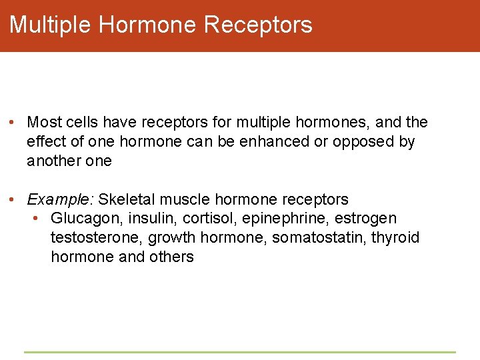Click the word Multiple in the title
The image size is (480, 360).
(x=50, y=25)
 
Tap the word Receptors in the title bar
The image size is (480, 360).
(x=258, y=25)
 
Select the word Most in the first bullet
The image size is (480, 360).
(x=45, y=123)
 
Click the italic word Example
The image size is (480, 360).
(x=60, y=199)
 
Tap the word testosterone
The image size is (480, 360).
(x=96, y=238)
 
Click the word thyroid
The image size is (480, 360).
(x=395, y=238)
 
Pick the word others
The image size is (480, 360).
(x=172, y=257)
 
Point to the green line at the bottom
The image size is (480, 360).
(x=240, y=352)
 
